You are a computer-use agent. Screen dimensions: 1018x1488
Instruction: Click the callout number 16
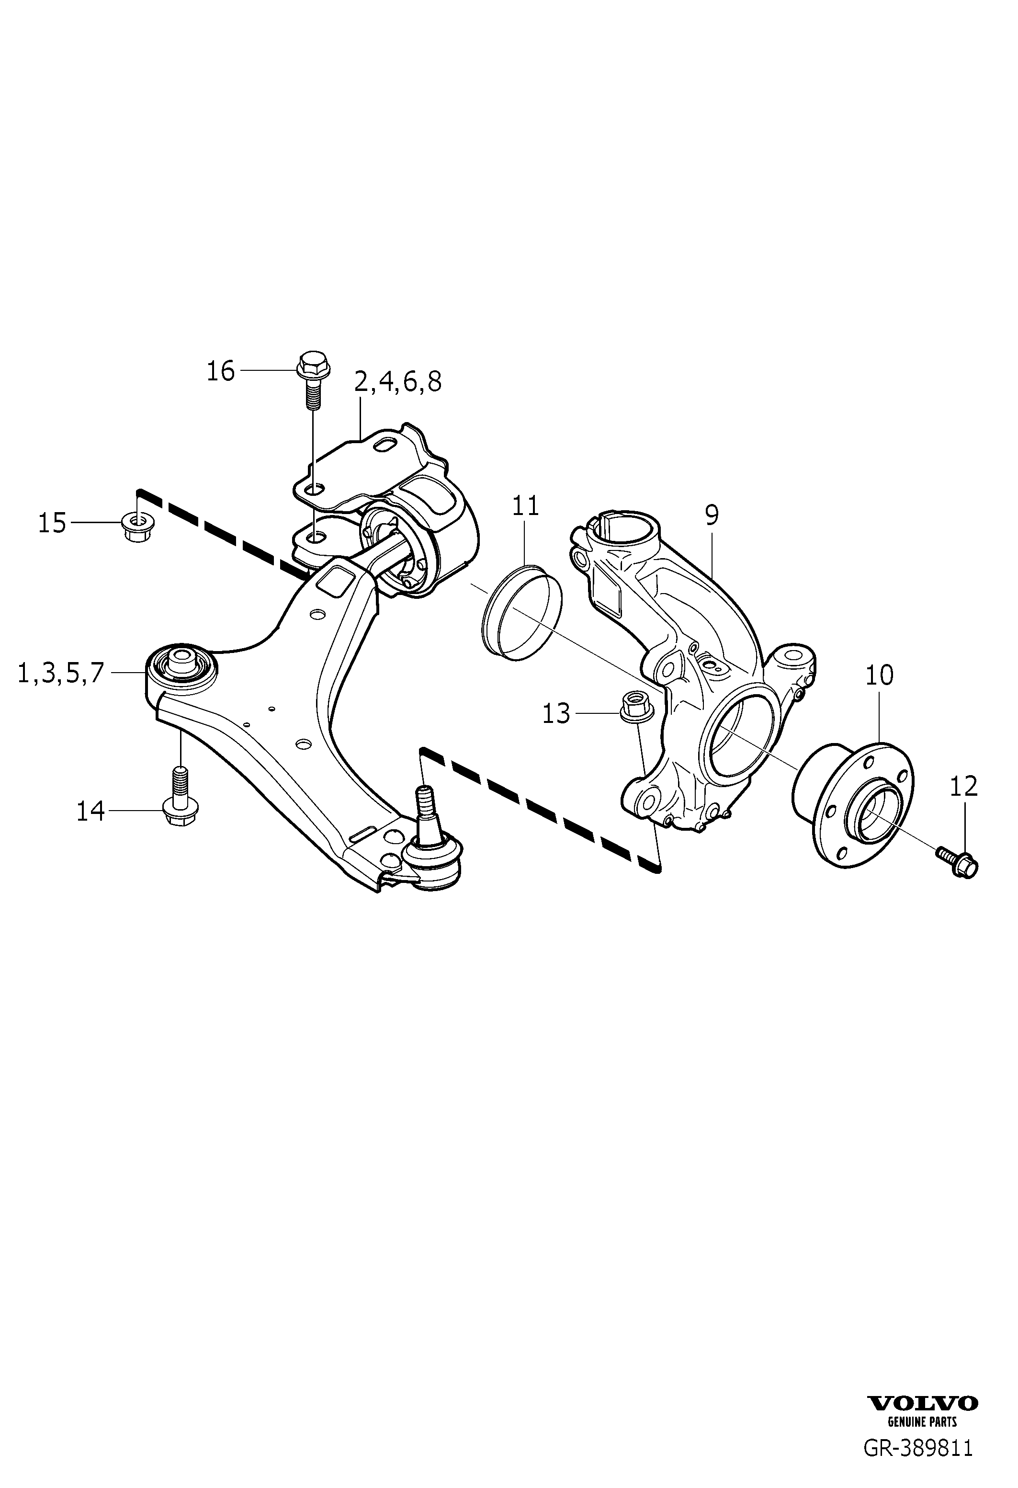221,371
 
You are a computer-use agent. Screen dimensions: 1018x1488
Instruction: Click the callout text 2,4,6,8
397,382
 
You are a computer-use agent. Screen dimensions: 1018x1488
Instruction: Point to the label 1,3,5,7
60,673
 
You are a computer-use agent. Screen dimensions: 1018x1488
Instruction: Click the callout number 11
525,506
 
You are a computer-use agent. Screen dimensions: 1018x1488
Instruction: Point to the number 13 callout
555,713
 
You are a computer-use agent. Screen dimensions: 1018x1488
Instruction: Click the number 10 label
879,675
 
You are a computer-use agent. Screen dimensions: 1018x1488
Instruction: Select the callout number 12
963,786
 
